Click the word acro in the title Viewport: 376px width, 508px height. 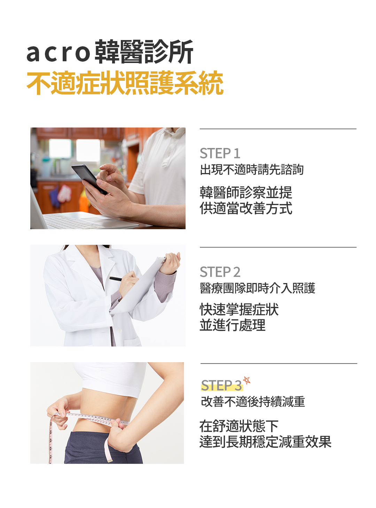point(58,53)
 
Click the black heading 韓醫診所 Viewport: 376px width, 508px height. point(144,52)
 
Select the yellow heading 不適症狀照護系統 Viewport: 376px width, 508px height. point(125,83)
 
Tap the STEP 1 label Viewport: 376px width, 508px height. point(220,153)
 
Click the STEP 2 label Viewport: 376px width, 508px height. point(220,272)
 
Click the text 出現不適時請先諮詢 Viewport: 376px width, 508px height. point(252,169)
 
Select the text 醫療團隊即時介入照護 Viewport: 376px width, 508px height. point(257,288)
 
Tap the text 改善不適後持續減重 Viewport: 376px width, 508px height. point(253,401)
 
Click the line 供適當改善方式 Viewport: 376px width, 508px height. point(246,208)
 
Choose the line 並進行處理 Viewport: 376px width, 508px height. point(233,325)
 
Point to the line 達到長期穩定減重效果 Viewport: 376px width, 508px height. point(265,441)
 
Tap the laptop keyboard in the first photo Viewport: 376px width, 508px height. point(76,221)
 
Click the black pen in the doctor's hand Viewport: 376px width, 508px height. point(118,279)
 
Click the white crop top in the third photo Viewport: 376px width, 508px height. point(110,378)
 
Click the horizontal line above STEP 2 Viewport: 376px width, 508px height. point(278,247)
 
